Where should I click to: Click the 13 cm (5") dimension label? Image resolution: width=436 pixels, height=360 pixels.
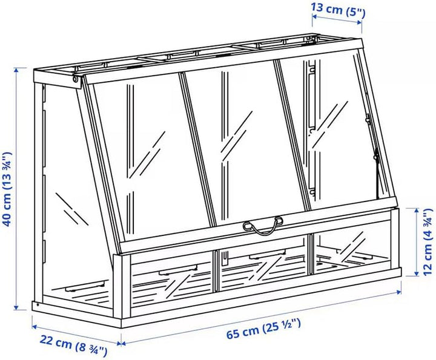click(337, 10)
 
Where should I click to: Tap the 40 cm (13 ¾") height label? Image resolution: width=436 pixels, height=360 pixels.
click(8, 189)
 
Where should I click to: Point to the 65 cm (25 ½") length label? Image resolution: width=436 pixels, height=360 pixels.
click(263, 329)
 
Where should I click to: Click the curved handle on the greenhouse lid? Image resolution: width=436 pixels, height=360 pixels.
click(263, 226)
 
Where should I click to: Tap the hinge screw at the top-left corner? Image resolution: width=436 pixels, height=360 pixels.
click(75, 79)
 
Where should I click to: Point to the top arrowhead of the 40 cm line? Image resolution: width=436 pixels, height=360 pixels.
click(16, 71)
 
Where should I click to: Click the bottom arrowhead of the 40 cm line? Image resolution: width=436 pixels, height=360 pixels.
click(16, 307)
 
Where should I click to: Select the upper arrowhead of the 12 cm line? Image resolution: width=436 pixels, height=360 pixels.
click(416, 211)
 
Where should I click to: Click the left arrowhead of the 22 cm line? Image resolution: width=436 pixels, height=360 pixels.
click(35, 327)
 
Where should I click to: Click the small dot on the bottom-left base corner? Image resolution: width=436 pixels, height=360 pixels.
click(38, 305)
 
